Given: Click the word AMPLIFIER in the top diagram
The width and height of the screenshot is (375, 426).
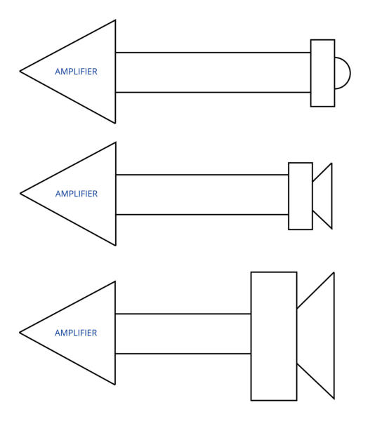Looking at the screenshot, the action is (76, 72).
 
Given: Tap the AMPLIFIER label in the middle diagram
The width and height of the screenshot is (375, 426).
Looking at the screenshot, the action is (77, 194).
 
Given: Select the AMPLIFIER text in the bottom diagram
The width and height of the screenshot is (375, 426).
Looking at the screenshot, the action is (76, 333).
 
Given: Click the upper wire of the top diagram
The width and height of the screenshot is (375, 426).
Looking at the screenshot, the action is (213, 53).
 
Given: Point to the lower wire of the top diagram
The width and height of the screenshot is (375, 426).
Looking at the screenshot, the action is (213, 93).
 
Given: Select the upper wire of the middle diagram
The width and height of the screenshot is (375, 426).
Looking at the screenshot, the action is (202, 175).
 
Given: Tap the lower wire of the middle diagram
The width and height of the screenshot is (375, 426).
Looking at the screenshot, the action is (202, 215).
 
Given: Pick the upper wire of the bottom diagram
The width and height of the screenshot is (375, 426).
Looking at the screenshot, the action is (183, 314).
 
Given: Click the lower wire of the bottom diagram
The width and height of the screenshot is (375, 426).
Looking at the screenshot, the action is (183, 354).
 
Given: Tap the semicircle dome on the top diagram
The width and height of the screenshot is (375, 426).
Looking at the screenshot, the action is (350, 73).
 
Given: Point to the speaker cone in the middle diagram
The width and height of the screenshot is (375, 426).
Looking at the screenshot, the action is (331, 196).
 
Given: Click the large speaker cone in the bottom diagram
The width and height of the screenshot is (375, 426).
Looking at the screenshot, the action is (334, 335).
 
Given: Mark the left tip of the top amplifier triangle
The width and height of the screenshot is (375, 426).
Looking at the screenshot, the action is (20, 72).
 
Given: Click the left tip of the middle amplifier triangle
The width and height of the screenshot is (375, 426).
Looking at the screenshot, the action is (20, 194).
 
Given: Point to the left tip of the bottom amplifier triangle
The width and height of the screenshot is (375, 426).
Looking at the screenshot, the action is (20, 333).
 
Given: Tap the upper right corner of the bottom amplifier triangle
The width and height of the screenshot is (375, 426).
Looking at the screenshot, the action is (115, 281).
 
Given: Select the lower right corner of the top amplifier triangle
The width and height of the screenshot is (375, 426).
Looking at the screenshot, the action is (116, 123).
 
